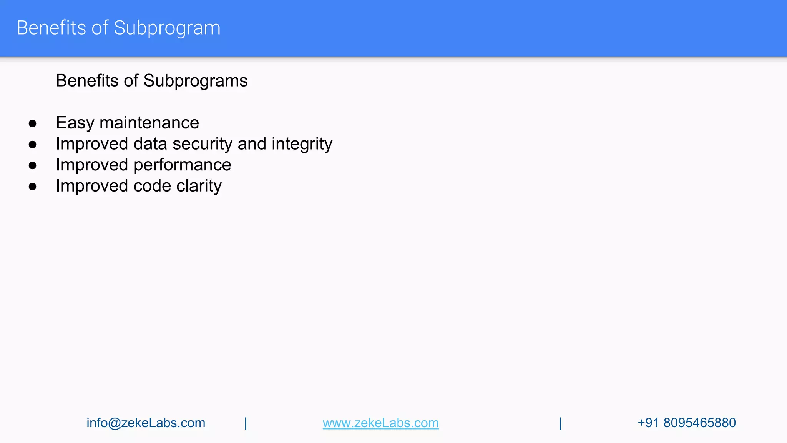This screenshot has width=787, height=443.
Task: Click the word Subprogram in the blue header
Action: click(x=167, y=28)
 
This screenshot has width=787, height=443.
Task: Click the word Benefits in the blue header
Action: click(x=51, y=28)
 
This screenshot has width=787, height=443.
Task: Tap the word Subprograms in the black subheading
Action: click(x=195, y=81)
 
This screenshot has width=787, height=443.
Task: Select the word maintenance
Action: click(x=149, y=123)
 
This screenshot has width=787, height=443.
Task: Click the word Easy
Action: click(x=75, y=123)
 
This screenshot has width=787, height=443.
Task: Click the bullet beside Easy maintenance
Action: click(x=33, y=124)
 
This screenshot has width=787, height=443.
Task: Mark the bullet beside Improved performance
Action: click(x=33, y=166)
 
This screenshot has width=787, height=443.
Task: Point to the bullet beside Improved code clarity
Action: click(x=33, y=187)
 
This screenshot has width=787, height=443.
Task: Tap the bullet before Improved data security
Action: click(x=33, y=145)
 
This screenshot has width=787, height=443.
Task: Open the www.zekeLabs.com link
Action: click(x=380, y=423)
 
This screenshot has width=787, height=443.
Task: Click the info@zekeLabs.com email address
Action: click(x=146, y=423)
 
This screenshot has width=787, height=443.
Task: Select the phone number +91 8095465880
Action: click(x=686, y=423)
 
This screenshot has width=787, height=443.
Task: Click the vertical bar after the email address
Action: click(x=246, y=423)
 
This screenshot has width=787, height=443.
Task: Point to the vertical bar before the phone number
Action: click(x=560, y=423)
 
